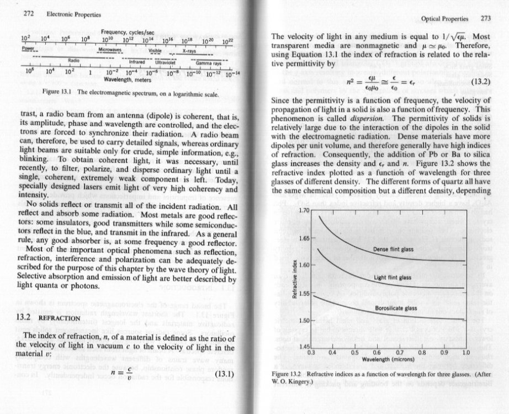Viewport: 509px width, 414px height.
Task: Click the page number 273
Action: tap(485, 18)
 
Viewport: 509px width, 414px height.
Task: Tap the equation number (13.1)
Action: tap(224, 372)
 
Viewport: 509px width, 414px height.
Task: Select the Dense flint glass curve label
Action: tap(393, 250)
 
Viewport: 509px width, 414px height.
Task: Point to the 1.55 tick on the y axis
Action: tap(303, 293)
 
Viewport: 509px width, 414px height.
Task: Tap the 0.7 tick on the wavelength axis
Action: tap(400, 351)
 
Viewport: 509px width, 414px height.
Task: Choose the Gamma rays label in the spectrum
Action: tap(206, 63)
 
